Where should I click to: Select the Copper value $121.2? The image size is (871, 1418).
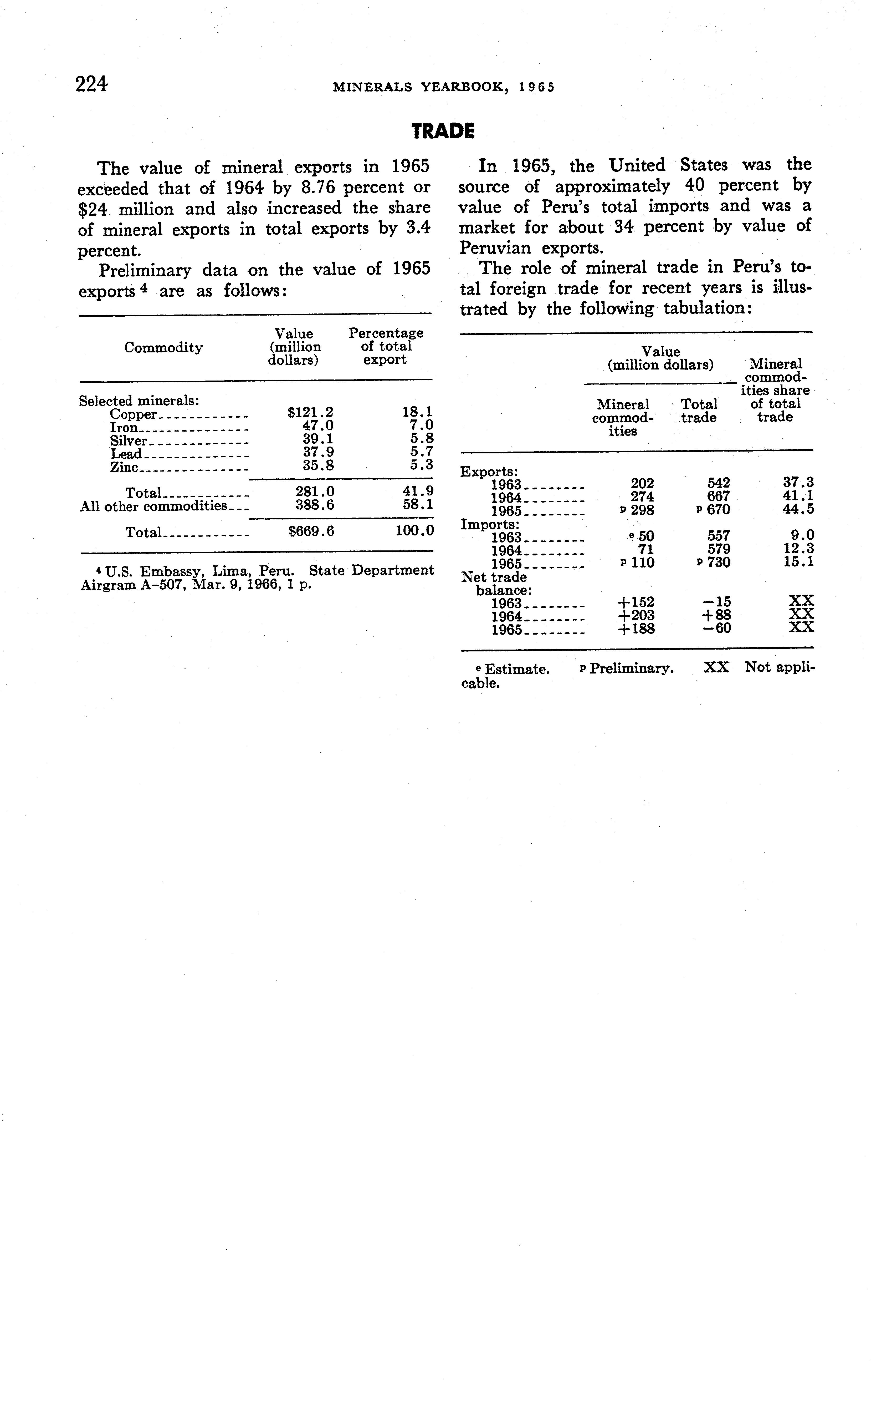(x=310, y=413)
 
